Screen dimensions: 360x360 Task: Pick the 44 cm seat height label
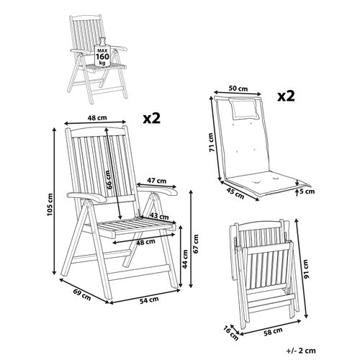(184, 257)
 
